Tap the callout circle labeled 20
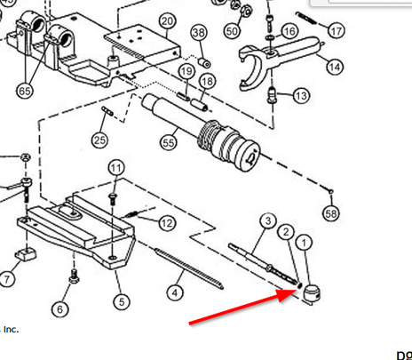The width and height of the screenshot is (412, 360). (x=166, y=20)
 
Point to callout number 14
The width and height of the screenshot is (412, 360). (x=334, y=67)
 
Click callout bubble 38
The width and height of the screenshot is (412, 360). (x=199, y=34)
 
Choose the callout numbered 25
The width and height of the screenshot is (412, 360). (x=99, y=140)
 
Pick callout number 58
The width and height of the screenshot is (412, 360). (x=331, y=214)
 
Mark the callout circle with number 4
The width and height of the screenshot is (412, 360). (x=176, y=290)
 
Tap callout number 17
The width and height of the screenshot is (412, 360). (x=336, y=31)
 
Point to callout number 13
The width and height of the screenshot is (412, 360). (x=301, y=96)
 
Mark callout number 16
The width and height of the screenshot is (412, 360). (x=289, y=32)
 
